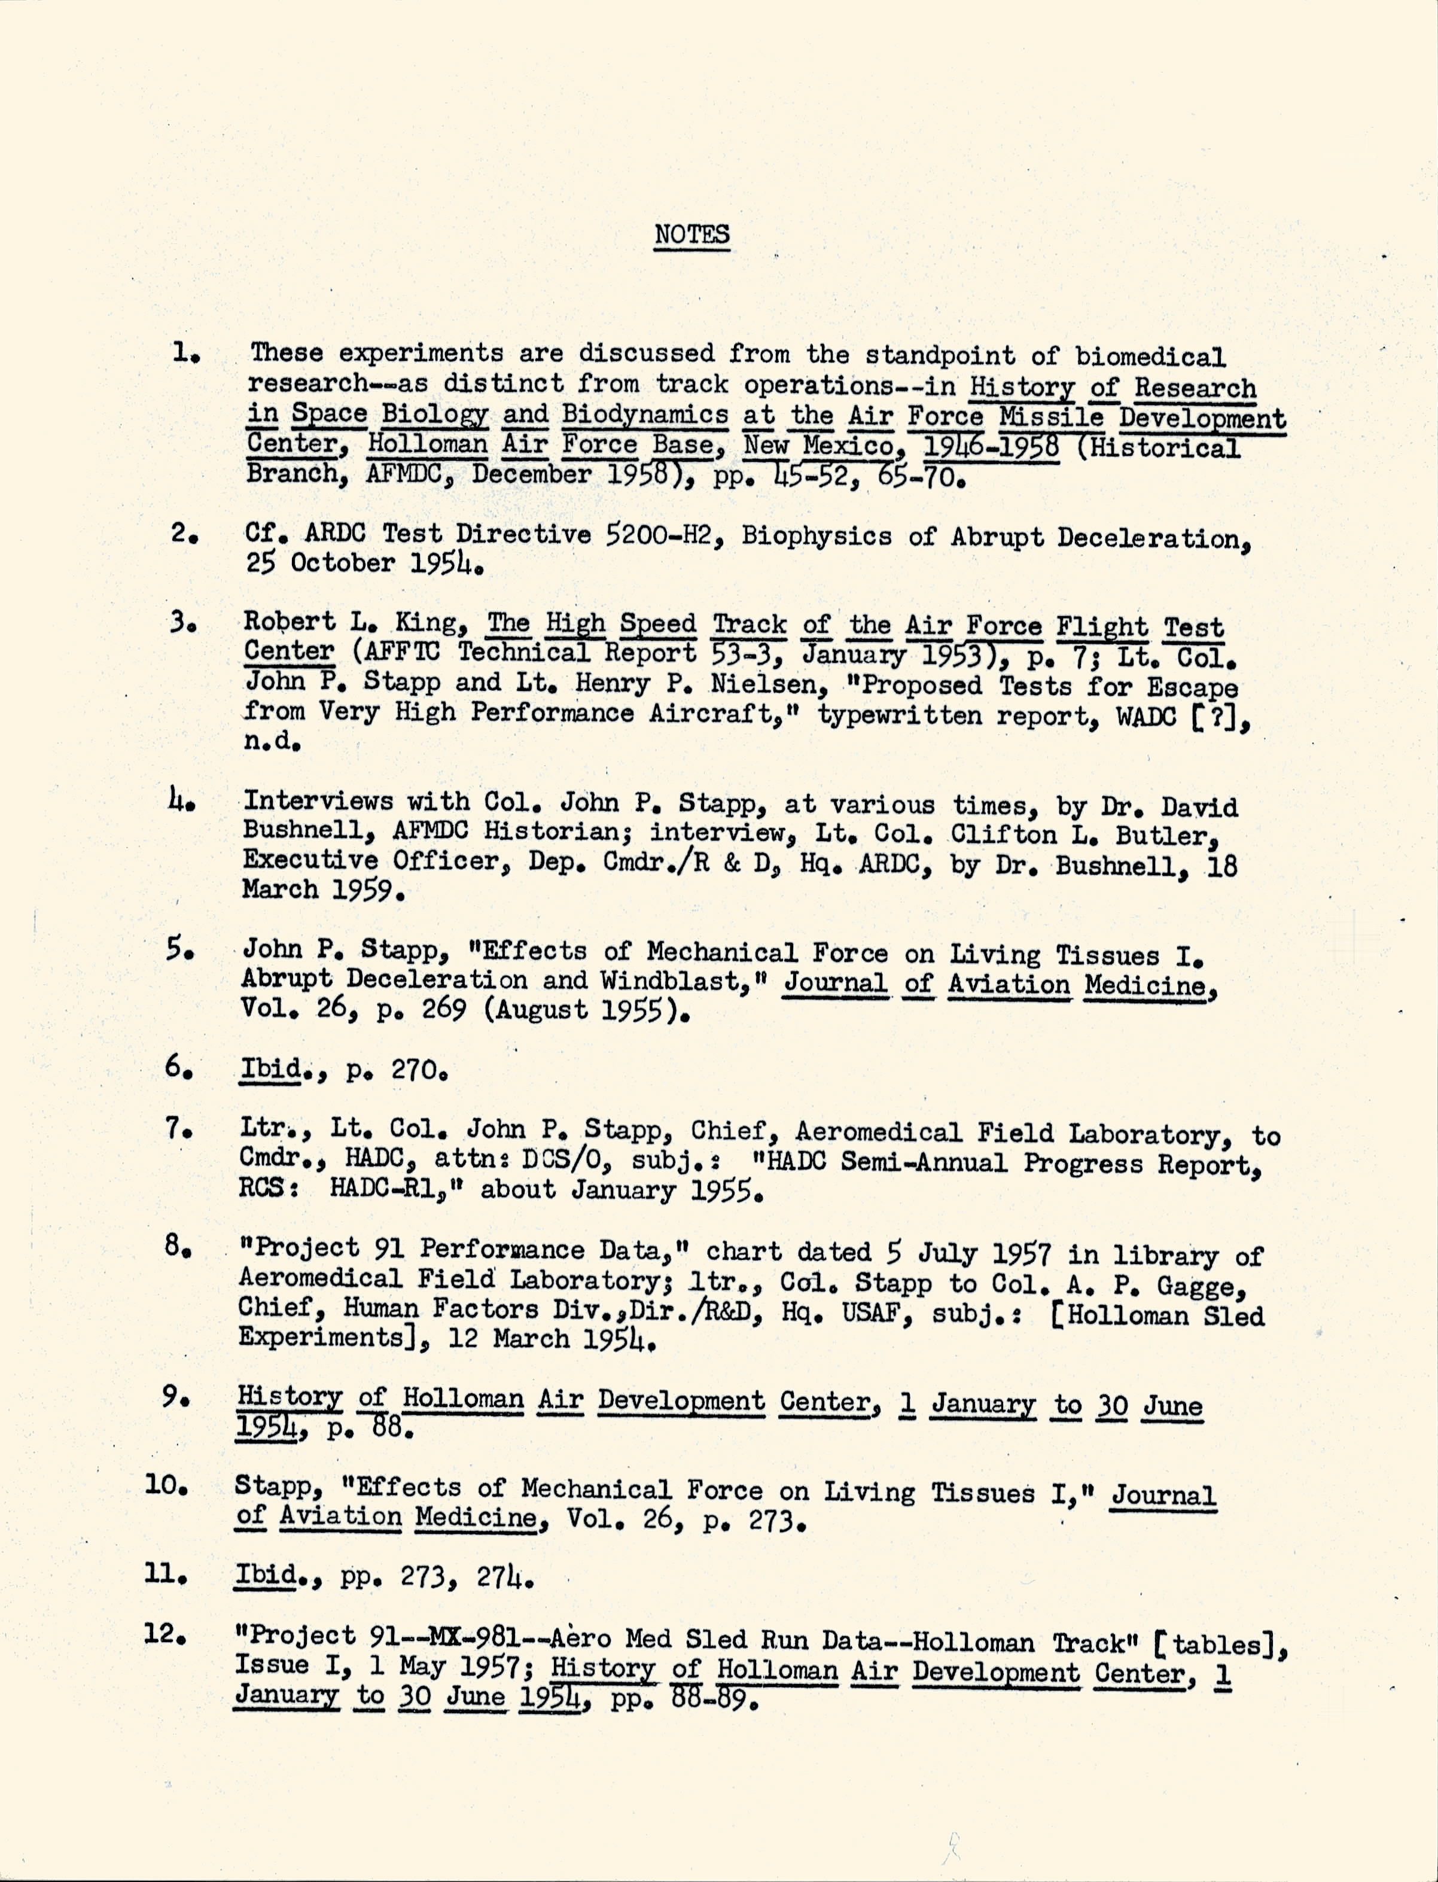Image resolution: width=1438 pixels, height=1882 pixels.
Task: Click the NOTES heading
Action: [691, 234]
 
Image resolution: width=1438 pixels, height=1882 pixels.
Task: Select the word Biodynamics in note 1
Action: [645, 415]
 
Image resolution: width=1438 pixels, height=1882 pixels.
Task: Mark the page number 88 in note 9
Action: [393, 1427]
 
